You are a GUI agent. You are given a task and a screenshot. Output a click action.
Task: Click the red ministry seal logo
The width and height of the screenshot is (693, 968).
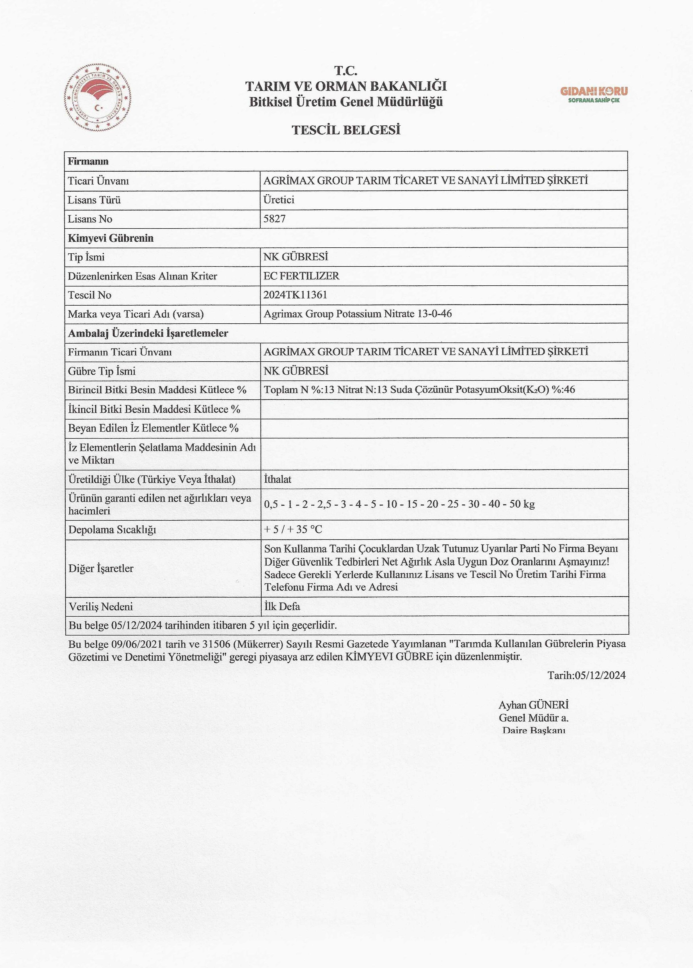pos(98,97)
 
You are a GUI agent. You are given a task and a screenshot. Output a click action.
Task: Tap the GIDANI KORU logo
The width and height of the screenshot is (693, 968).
pos(594,94)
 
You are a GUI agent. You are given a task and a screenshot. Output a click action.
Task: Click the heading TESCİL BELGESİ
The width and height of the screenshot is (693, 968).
pos(346,130)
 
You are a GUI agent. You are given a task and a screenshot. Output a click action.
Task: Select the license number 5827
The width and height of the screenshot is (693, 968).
pos(275,219)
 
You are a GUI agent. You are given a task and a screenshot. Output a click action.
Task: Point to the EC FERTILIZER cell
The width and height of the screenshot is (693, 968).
pos(301,276)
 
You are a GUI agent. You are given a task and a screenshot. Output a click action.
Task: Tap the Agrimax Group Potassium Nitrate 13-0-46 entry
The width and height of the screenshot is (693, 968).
pos(358,314)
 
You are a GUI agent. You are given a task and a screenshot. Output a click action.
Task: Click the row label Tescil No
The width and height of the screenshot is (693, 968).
pos(90,295)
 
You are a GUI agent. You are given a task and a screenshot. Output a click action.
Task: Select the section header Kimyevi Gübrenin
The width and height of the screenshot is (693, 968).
pos(111,238)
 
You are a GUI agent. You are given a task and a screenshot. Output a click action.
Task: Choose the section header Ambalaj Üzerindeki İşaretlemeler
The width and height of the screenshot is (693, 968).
pos(148,333)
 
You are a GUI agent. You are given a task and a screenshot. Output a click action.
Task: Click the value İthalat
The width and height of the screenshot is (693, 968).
pos(278,479)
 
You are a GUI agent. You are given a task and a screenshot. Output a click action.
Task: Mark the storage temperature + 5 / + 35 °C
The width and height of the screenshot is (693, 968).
pos(293,530)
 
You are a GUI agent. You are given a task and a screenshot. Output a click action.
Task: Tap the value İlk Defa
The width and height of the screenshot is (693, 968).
pos(282,606)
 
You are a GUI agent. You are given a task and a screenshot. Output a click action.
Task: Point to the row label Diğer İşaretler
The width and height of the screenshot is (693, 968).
pos(101,568)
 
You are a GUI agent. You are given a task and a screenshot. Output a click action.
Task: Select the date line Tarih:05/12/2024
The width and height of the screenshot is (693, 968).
pos(586,675)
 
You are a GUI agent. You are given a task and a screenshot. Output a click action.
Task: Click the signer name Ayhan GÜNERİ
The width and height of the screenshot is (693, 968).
pos(533,705)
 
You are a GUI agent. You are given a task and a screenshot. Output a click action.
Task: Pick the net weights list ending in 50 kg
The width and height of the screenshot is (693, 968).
pos(399,504)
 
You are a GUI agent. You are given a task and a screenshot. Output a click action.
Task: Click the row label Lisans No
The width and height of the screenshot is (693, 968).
pos(90,219)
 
